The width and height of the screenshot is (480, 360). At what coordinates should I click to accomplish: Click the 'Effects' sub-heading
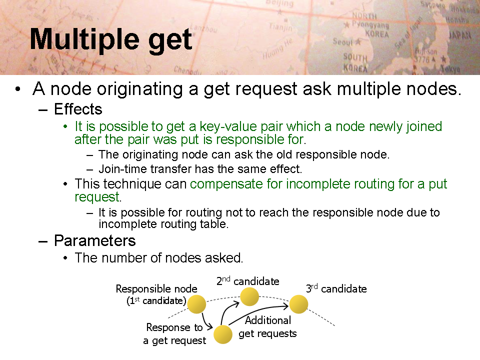coord(78,109)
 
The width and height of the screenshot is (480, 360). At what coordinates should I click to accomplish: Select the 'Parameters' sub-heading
coord(95,241)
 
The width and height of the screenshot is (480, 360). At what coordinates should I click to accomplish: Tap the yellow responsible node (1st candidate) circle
coord(196,304)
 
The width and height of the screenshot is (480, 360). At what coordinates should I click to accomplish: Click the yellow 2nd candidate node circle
coord(249,296)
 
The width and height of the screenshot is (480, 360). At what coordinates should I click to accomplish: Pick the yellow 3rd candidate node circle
coord(298,304)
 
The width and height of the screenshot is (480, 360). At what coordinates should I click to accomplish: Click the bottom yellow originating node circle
coord(223,334)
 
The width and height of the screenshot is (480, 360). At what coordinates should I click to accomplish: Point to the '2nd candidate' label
coord(247,281)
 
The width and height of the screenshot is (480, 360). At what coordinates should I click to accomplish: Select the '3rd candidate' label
coord(336,288)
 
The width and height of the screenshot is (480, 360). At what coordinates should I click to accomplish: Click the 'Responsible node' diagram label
coord(156,288)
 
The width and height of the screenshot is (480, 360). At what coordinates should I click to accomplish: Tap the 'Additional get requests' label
coord(267,327)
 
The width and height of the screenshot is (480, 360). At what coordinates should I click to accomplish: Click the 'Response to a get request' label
coord(174,334)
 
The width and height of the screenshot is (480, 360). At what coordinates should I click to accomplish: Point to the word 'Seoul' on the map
coord(343,41)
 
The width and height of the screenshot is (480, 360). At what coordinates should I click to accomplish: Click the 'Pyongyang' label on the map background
coord(370,25)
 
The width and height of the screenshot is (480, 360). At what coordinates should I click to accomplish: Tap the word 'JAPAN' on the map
coord(459,35)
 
